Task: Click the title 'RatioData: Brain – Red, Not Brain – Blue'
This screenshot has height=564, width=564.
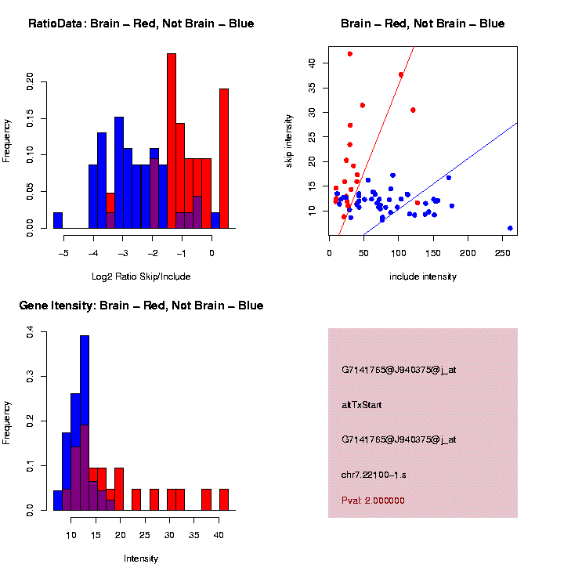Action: (x=141, y=23)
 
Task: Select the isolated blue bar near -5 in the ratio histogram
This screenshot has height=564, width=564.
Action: (x=58, y=220)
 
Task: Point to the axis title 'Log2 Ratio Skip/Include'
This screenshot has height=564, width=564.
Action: (x=141, y=277)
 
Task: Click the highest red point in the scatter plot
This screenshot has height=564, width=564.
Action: (x=350, y=54)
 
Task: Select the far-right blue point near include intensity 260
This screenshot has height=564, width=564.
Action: (x=510, y=228)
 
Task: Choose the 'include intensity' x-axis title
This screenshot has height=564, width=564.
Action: (x=423, y=277)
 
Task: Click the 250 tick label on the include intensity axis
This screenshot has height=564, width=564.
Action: (x=503, y=253)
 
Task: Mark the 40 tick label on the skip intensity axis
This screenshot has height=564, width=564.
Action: (x=313, y=63)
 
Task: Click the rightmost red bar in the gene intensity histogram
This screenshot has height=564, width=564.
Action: (x=224, y=500)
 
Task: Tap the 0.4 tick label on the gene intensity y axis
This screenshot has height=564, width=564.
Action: (x=31, y=334)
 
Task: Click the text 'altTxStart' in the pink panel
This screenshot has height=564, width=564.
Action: (x=361, y=405)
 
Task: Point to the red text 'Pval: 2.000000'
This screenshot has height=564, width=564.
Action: (x=373, y=501)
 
